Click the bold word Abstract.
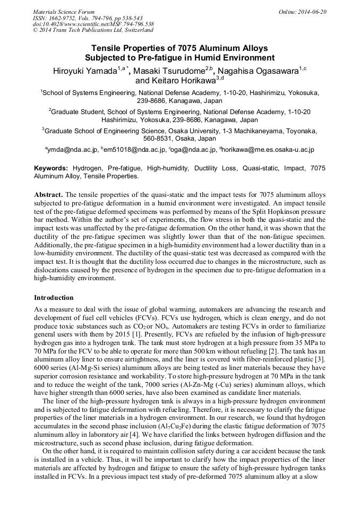pyautogui.click(x=48, y=194)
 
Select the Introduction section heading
pyautogui.click(x=54, y=298)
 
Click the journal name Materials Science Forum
pyautogui.click(x=64, y=12)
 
